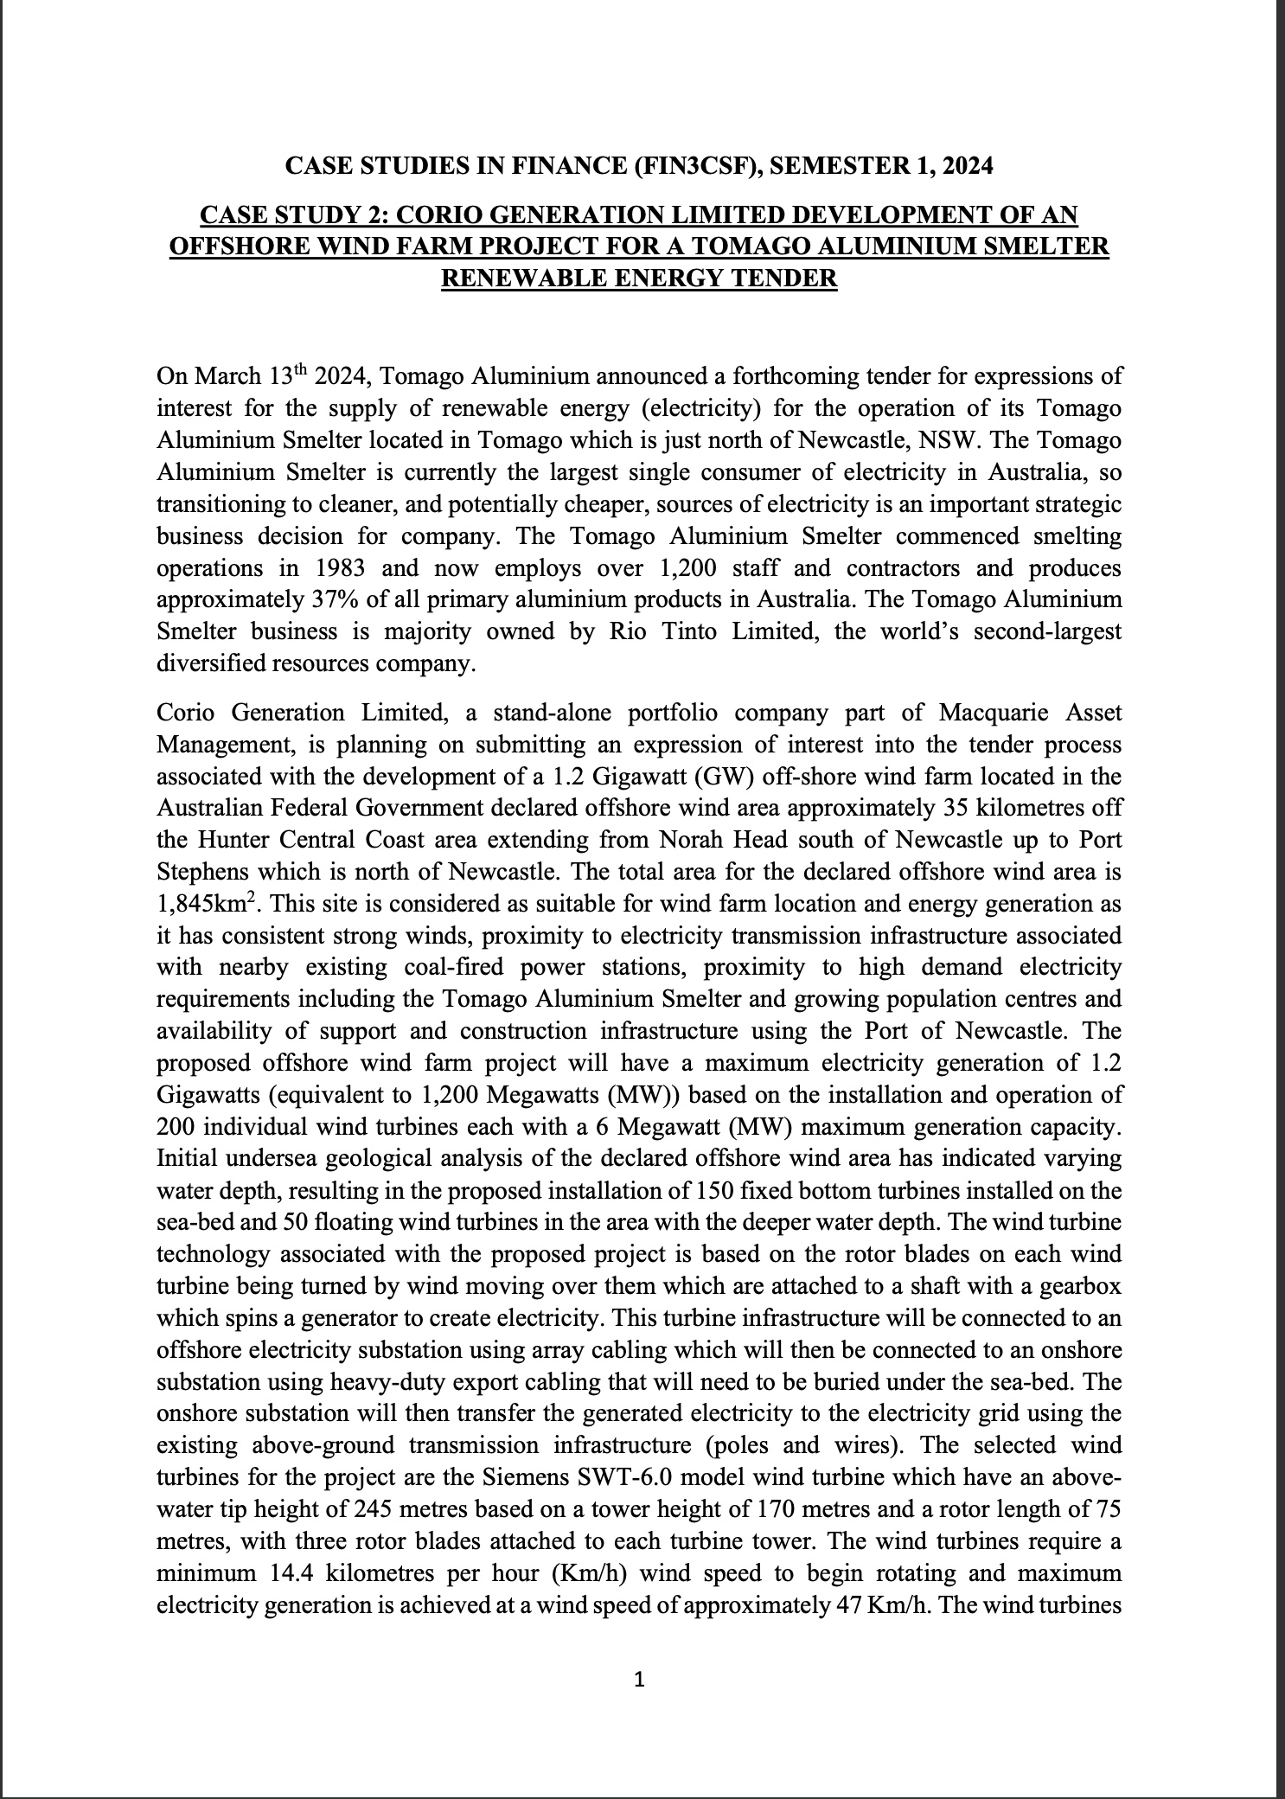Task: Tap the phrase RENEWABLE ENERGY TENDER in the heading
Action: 639,278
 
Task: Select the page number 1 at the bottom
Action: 640,1681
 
